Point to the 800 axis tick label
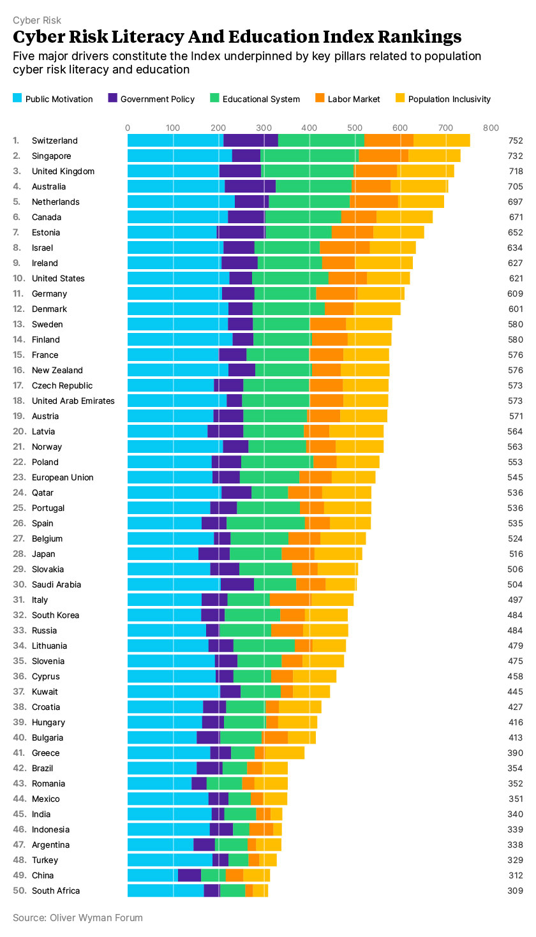click(491, 128)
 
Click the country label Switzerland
click(55, 140)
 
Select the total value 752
click(516, 140)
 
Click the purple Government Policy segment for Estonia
click(241, 232)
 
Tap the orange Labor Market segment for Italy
click(290, 600)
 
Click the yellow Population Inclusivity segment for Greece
click(285, 753)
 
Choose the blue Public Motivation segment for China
click(153, 875)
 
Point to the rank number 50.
click(19, 890)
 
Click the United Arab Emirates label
click(73, 401)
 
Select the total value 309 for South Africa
click(516, 890)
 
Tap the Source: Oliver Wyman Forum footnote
click(78, 918)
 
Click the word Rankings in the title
click(409, 36)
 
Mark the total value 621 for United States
click(516, 278)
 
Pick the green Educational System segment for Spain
click(265, 523)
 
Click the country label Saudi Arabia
click(57, 584)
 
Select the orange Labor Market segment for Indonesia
click(261, 829)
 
